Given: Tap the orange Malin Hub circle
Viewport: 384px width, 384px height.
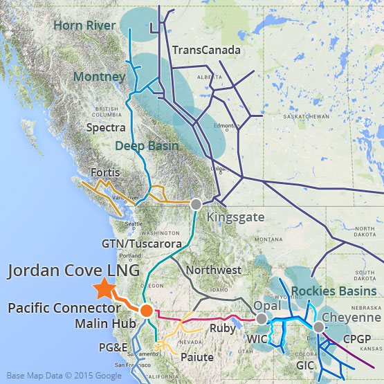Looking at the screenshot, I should point(146,311).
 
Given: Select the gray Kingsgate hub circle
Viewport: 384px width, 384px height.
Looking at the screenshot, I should point(196,204).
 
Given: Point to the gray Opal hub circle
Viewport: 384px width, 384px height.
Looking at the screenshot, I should point(262,319).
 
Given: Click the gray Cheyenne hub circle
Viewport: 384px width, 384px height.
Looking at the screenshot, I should point(318,327).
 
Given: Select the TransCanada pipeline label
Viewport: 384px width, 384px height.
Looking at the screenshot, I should point(206,51).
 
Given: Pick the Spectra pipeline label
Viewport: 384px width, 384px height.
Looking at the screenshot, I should point(106,128).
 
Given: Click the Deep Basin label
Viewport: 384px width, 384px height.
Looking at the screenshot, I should point(147,146).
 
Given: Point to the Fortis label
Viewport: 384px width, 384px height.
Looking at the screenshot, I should point(105,172).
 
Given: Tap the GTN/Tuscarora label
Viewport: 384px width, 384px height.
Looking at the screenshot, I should point(141,244).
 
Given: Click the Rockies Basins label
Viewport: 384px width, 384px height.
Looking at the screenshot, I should point(333,291).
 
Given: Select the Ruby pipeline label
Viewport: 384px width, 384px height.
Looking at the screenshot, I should point(223,329).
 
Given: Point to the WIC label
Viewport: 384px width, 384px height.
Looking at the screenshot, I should point(257,340).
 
